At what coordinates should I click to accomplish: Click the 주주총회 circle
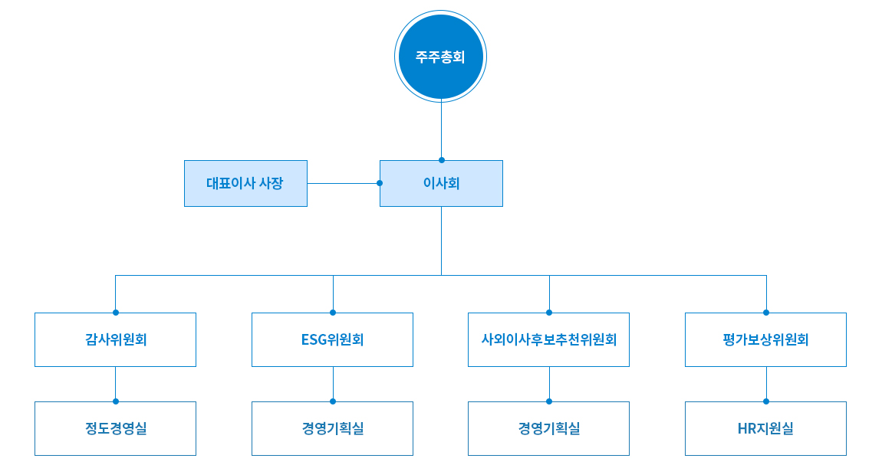(441, 57)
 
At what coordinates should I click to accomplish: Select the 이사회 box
(441, 184)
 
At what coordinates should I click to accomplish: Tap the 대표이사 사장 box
(245, 184)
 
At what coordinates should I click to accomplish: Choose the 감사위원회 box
(115, 339)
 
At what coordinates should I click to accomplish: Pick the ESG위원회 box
(332, 339)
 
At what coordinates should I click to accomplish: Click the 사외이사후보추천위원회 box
(549, 339)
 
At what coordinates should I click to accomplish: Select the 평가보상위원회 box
(765, 339)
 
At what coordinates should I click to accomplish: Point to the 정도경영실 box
(115, 428)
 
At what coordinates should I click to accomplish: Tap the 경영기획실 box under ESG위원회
(332, 428)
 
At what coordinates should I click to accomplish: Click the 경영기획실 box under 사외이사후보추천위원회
(549, 428)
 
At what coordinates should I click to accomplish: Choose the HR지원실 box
(765, 428)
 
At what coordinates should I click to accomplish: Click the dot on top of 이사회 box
(441, 160)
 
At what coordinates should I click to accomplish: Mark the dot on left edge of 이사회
(380, 183)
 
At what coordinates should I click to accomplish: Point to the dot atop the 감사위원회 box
(115, 313)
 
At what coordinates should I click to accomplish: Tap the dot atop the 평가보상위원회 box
(765, 313)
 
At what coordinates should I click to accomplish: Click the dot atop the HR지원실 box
(765, 401)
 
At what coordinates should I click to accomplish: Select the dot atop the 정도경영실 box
(115, 401)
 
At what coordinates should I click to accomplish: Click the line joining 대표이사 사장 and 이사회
(342, 183)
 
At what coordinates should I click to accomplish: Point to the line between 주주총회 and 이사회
(441, 129)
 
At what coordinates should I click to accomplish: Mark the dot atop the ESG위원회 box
(332, 313)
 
